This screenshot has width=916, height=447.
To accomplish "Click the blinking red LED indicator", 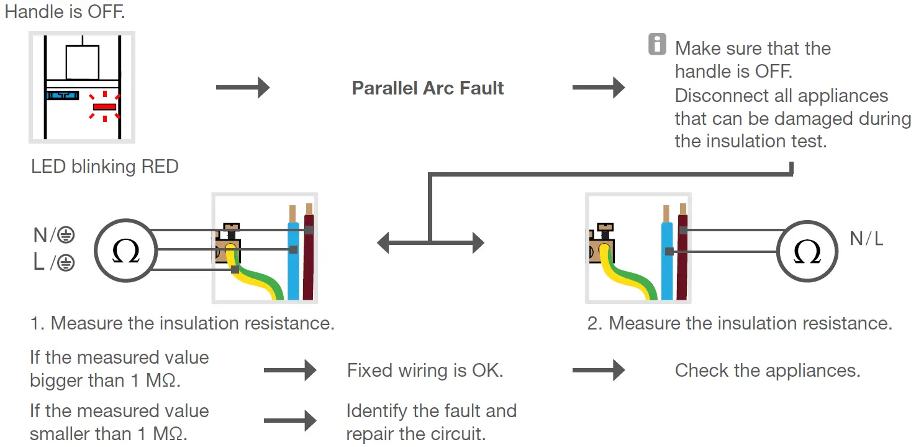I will [104, 107].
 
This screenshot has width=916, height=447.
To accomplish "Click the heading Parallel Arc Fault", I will [427, 88].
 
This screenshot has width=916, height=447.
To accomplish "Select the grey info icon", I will [657, 45].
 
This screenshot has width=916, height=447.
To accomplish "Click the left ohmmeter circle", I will [125, 250].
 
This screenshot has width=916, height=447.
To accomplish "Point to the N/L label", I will [866, 238].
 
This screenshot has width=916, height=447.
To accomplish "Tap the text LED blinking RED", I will [104, 167].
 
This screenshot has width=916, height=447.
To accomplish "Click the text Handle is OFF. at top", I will [65, 12].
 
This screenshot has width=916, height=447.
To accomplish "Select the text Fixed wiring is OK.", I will [425, 371].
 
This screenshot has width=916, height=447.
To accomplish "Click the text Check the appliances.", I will [767, 371].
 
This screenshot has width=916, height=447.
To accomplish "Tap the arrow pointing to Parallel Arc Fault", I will [242, 88].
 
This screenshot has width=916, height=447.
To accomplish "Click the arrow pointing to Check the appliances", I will [598, 371].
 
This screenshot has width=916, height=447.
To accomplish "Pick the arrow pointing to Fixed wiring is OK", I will [290, 371].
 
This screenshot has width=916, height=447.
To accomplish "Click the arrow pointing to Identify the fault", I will [290, 421].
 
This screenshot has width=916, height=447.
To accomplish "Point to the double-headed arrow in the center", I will [430, 242].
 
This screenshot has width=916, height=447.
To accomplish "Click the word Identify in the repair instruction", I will [373, 411].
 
